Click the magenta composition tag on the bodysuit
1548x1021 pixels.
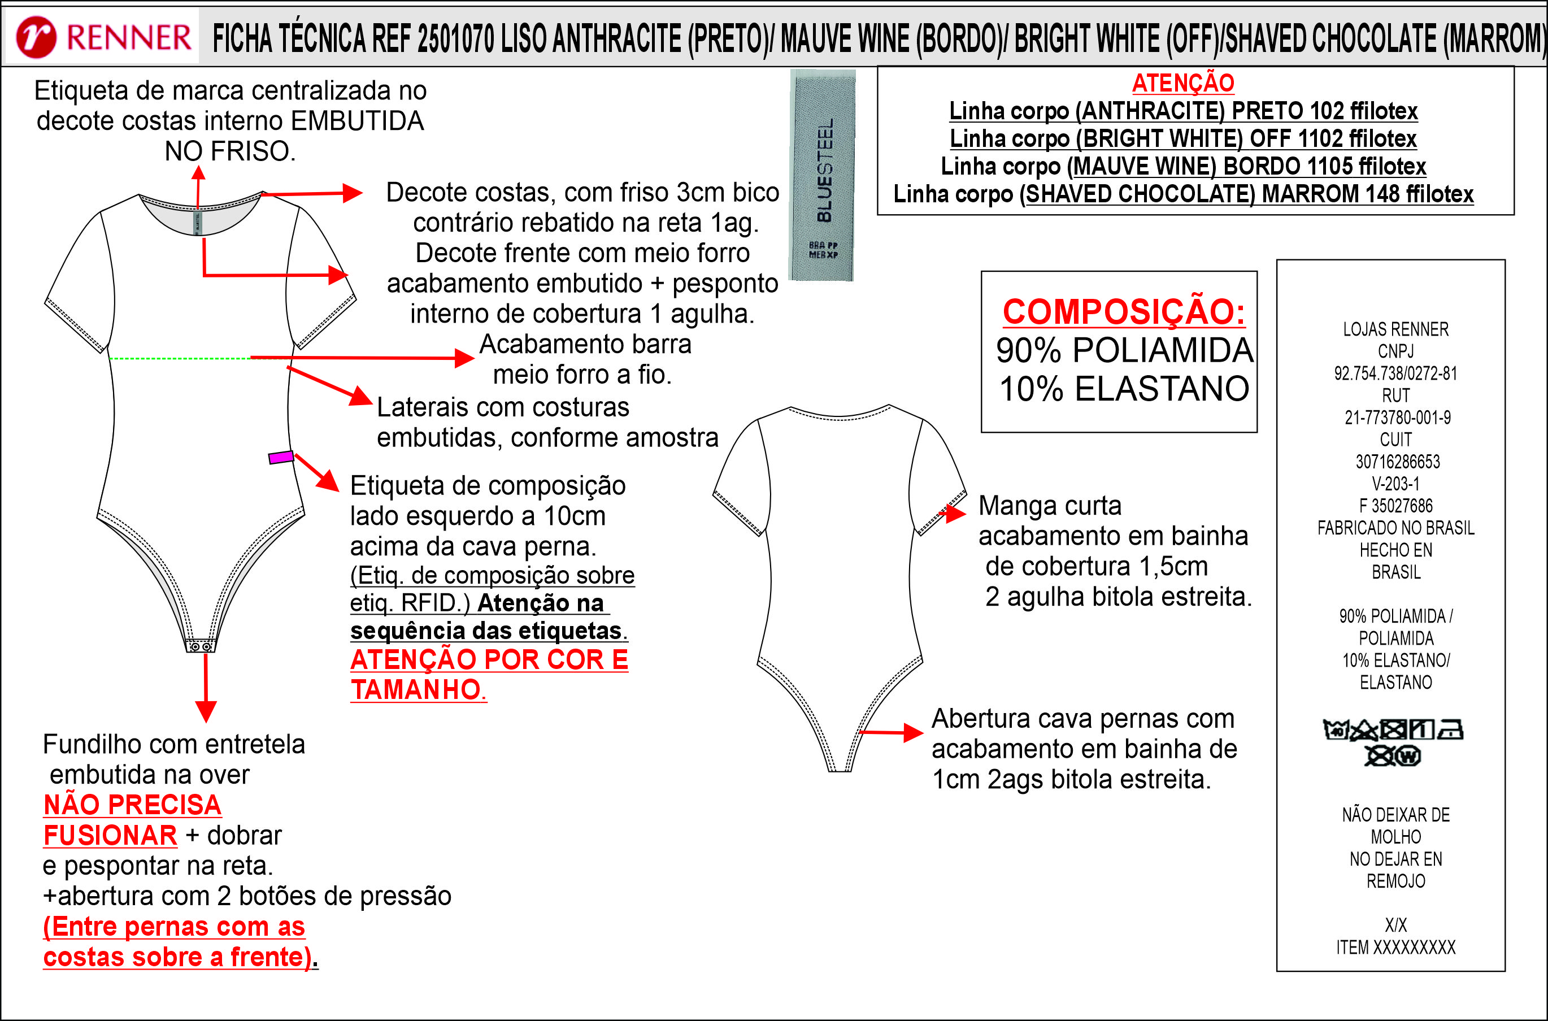(x=281, y=457)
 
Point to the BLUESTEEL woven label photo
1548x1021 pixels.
(x=822, y=175)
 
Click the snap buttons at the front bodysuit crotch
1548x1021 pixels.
(x=201, y=646)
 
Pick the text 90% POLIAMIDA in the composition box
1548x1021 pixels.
(x=1124, y=350)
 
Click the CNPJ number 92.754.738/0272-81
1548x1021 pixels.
(x=1395, y=373)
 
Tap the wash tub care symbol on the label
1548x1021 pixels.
(x=1336, y=730)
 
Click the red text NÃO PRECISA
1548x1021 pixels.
(x=132, y=805)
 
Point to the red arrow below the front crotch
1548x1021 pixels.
(x=206, y=688)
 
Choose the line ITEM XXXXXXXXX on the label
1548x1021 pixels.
(x=1395, y=948)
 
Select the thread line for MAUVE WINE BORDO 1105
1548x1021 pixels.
(x=1183, y=166)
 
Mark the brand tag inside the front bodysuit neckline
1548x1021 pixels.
(x=198, y=222)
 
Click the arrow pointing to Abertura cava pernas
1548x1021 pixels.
(x=890, y=732)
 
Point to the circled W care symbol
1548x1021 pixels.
(x=1408, y=756)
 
